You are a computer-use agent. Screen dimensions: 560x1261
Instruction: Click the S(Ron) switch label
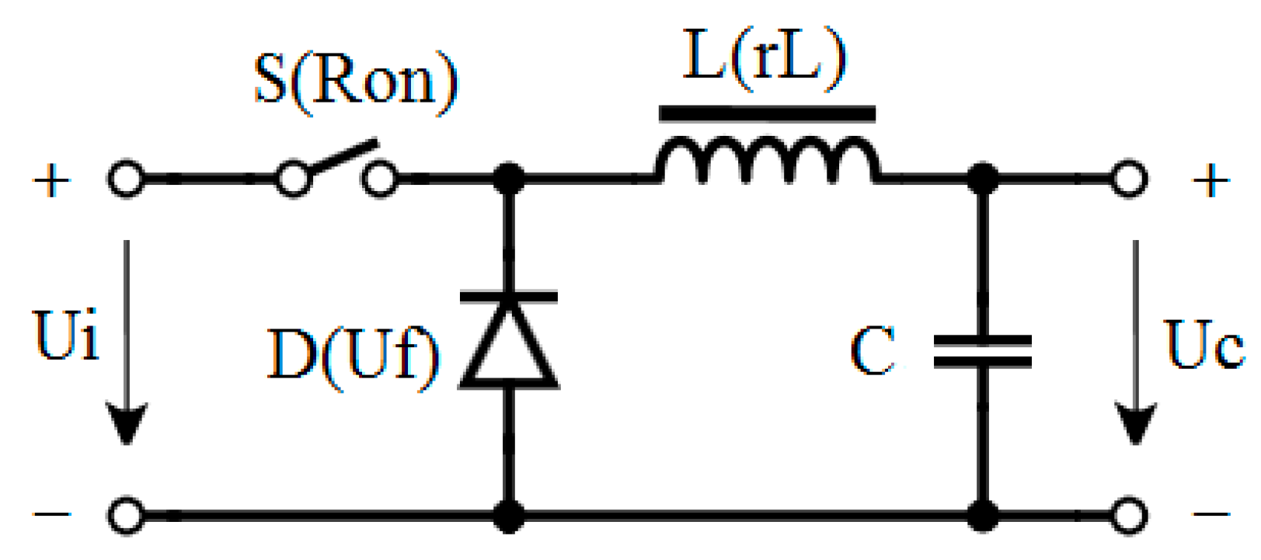pos(357,80)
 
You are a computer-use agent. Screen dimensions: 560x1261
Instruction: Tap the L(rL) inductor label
pos(765,57)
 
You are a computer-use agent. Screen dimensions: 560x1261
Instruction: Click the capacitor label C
pos(873,351)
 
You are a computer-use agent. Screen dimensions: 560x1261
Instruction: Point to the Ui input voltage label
pos(67,336)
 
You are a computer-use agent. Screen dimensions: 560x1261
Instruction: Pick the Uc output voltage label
pos(1204,343)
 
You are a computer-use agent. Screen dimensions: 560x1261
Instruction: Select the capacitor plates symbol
pos(983,351)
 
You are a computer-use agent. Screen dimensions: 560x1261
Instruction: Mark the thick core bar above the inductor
pos(767,114)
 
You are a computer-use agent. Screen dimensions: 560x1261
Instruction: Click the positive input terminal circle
pos(126,179)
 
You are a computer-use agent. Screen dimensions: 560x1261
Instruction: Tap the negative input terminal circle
pos(126,515)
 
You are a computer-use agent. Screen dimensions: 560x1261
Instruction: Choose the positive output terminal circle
pos(1128,179)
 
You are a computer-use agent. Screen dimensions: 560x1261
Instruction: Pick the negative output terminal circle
pos(1128,515)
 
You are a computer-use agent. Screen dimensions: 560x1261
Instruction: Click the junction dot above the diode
pos(509,179)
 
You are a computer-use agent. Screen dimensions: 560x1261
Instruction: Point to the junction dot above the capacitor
pos(983,179)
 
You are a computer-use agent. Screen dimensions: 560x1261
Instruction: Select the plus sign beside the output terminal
pos(1210,182)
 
